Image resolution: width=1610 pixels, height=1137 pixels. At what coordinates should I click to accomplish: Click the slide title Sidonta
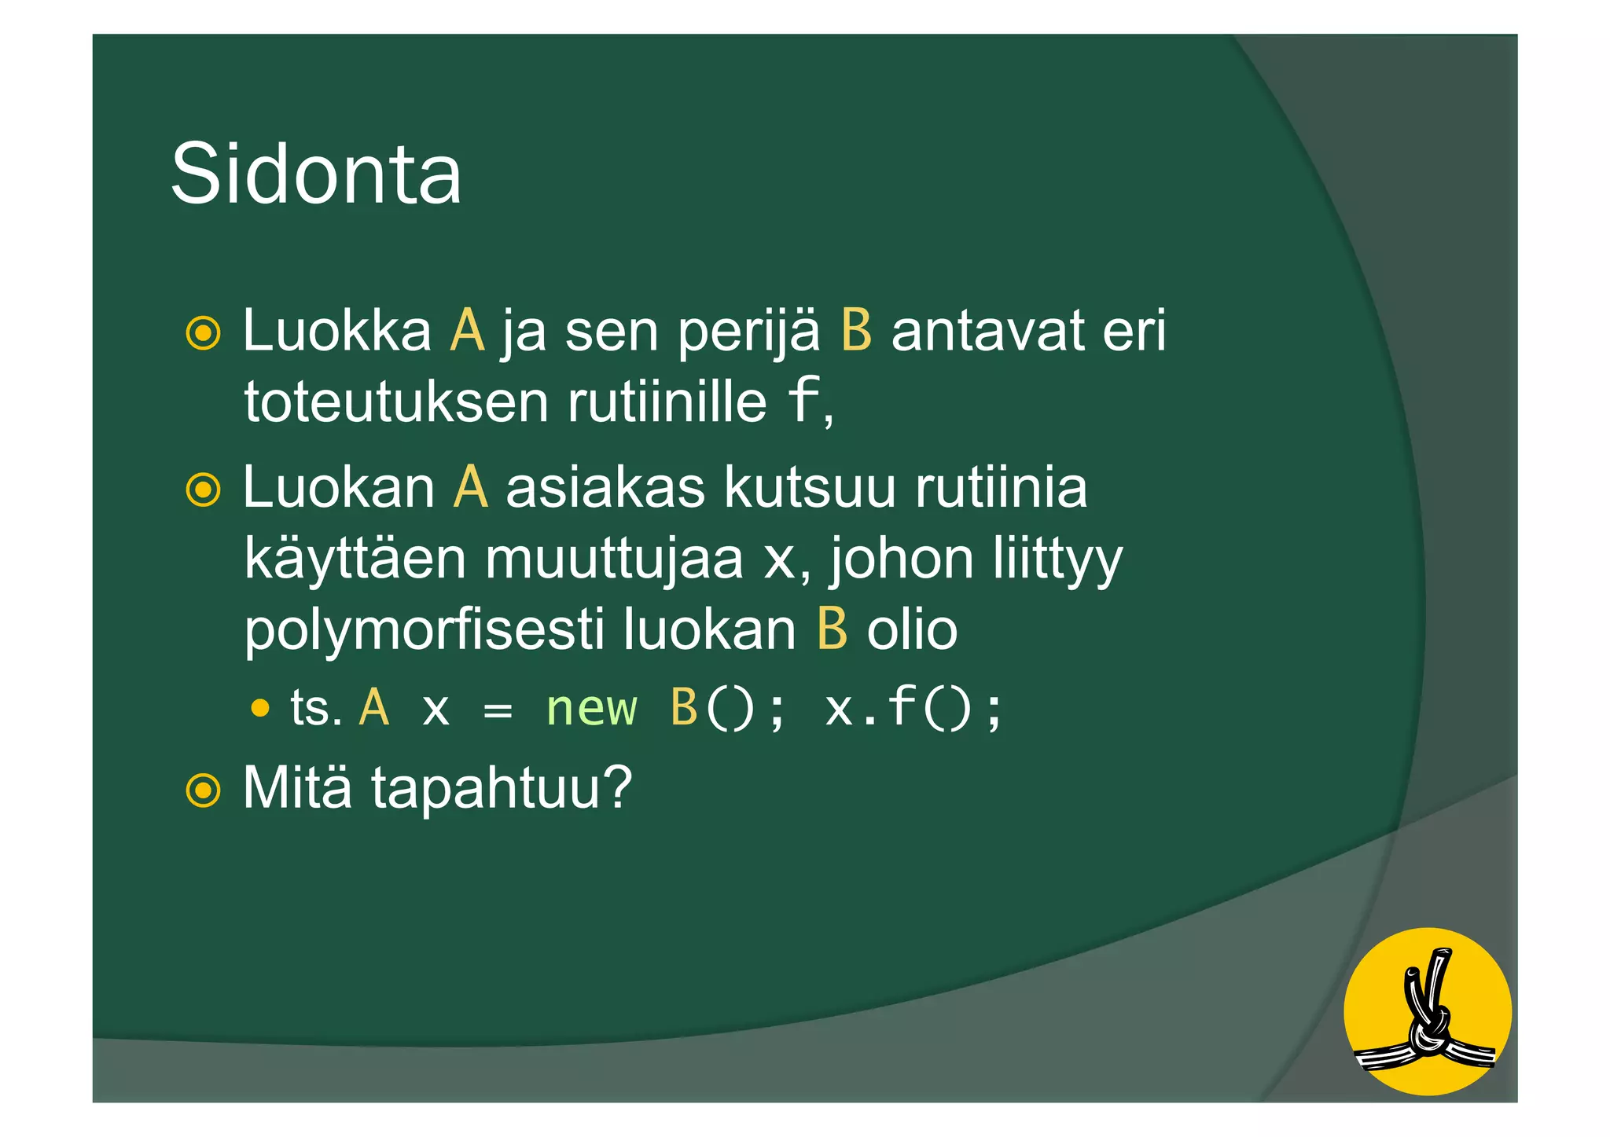pos(315,174)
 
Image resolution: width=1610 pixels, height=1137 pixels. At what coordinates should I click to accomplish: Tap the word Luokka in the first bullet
pos(336,331)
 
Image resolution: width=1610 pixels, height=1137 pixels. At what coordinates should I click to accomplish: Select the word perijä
pos(748,331)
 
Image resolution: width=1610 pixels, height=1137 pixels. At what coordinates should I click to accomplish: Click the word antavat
pos(987,331)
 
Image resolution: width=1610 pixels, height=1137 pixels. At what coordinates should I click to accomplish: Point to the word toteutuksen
pos(396,402)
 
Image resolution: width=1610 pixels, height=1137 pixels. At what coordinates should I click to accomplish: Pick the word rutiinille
pos(667,402)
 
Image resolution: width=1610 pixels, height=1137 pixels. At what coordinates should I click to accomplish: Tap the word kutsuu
pos(810,488)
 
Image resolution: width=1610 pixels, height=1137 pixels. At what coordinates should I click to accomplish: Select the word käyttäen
pos(355,559)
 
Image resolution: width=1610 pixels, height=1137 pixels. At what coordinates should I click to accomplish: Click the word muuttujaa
pos(614,559)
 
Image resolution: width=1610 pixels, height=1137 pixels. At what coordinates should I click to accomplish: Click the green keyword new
pos(591,708)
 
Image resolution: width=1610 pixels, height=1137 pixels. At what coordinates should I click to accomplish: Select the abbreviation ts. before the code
pos(316,708)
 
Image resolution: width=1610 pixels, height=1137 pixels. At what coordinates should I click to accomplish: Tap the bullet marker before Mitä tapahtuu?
pos(203,789)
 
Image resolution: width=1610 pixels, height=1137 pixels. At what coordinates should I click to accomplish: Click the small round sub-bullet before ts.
pos(260,709)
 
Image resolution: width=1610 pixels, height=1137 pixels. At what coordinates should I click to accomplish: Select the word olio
pos(912,629)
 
